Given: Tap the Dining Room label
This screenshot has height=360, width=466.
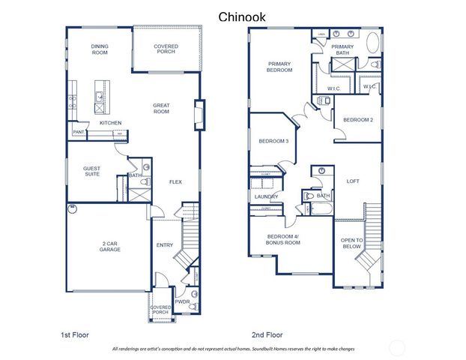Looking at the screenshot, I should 100,49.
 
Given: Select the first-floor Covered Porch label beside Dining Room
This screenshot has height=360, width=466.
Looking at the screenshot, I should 166,49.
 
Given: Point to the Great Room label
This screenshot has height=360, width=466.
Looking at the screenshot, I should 161,109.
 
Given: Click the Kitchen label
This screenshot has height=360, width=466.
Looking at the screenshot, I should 111,123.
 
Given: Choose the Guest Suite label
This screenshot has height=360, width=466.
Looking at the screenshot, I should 92,172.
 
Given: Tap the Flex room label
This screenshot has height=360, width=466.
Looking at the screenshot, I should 175,182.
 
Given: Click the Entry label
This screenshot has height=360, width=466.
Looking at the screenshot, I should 164,245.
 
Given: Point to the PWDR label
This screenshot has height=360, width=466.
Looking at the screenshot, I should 182,301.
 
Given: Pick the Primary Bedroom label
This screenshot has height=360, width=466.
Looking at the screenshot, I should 279,67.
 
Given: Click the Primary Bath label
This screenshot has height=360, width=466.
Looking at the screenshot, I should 342,49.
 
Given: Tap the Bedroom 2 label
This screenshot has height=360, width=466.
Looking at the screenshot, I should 358,120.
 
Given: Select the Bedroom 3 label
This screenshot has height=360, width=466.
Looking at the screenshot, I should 273,141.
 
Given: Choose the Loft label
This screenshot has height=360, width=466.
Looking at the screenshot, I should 353,181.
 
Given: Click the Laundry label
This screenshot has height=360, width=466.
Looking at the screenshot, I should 266,197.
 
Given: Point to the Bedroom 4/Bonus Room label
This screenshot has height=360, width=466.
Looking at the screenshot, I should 283,240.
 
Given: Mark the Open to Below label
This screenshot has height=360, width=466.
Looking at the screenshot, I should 352,243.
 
